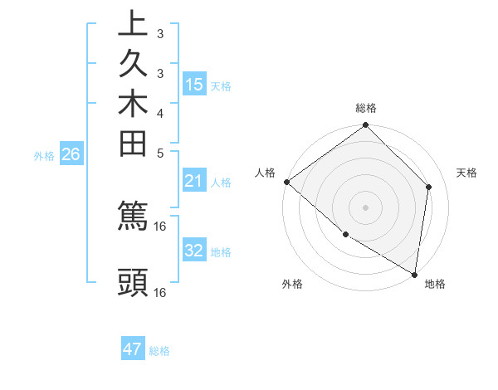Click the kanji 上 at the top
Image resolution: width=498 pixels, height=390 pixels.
[134, 24]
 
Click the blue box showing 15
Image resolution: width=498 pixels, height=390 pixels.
[194, 84]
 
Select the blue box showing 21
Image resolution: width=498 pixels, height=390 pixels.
[194, 181]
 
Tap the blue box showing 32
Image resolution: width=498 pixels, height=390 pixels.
[194, 251]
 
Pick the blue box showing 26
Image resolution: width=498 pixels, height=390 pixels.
[71, 154]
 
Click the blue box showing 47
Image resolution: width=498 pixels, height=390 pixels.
[133, 349]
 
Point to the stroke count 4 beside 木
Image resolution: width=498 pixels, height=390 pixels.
[159, 113]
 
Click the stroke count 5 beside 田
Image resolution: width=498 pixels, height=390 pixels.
[159, 153]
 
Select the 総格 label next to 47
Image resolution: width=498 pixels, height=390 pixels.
[159, 351]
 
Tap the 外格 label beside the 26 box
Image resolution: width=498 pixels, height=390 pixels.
[44, 155]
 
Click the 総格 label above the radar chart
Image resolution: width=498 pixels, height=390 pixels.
[365, 108]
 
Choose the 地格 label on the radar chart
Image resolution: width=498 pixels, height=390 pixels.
[435, 284]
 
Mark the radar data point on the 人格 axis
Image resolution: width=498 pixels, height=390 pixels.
[286, 182]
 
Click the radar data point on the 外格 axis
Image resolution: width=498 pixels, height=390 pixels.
[345, 235]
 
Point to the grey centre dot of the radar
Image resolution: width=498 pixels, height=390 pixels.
[365, 207]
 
